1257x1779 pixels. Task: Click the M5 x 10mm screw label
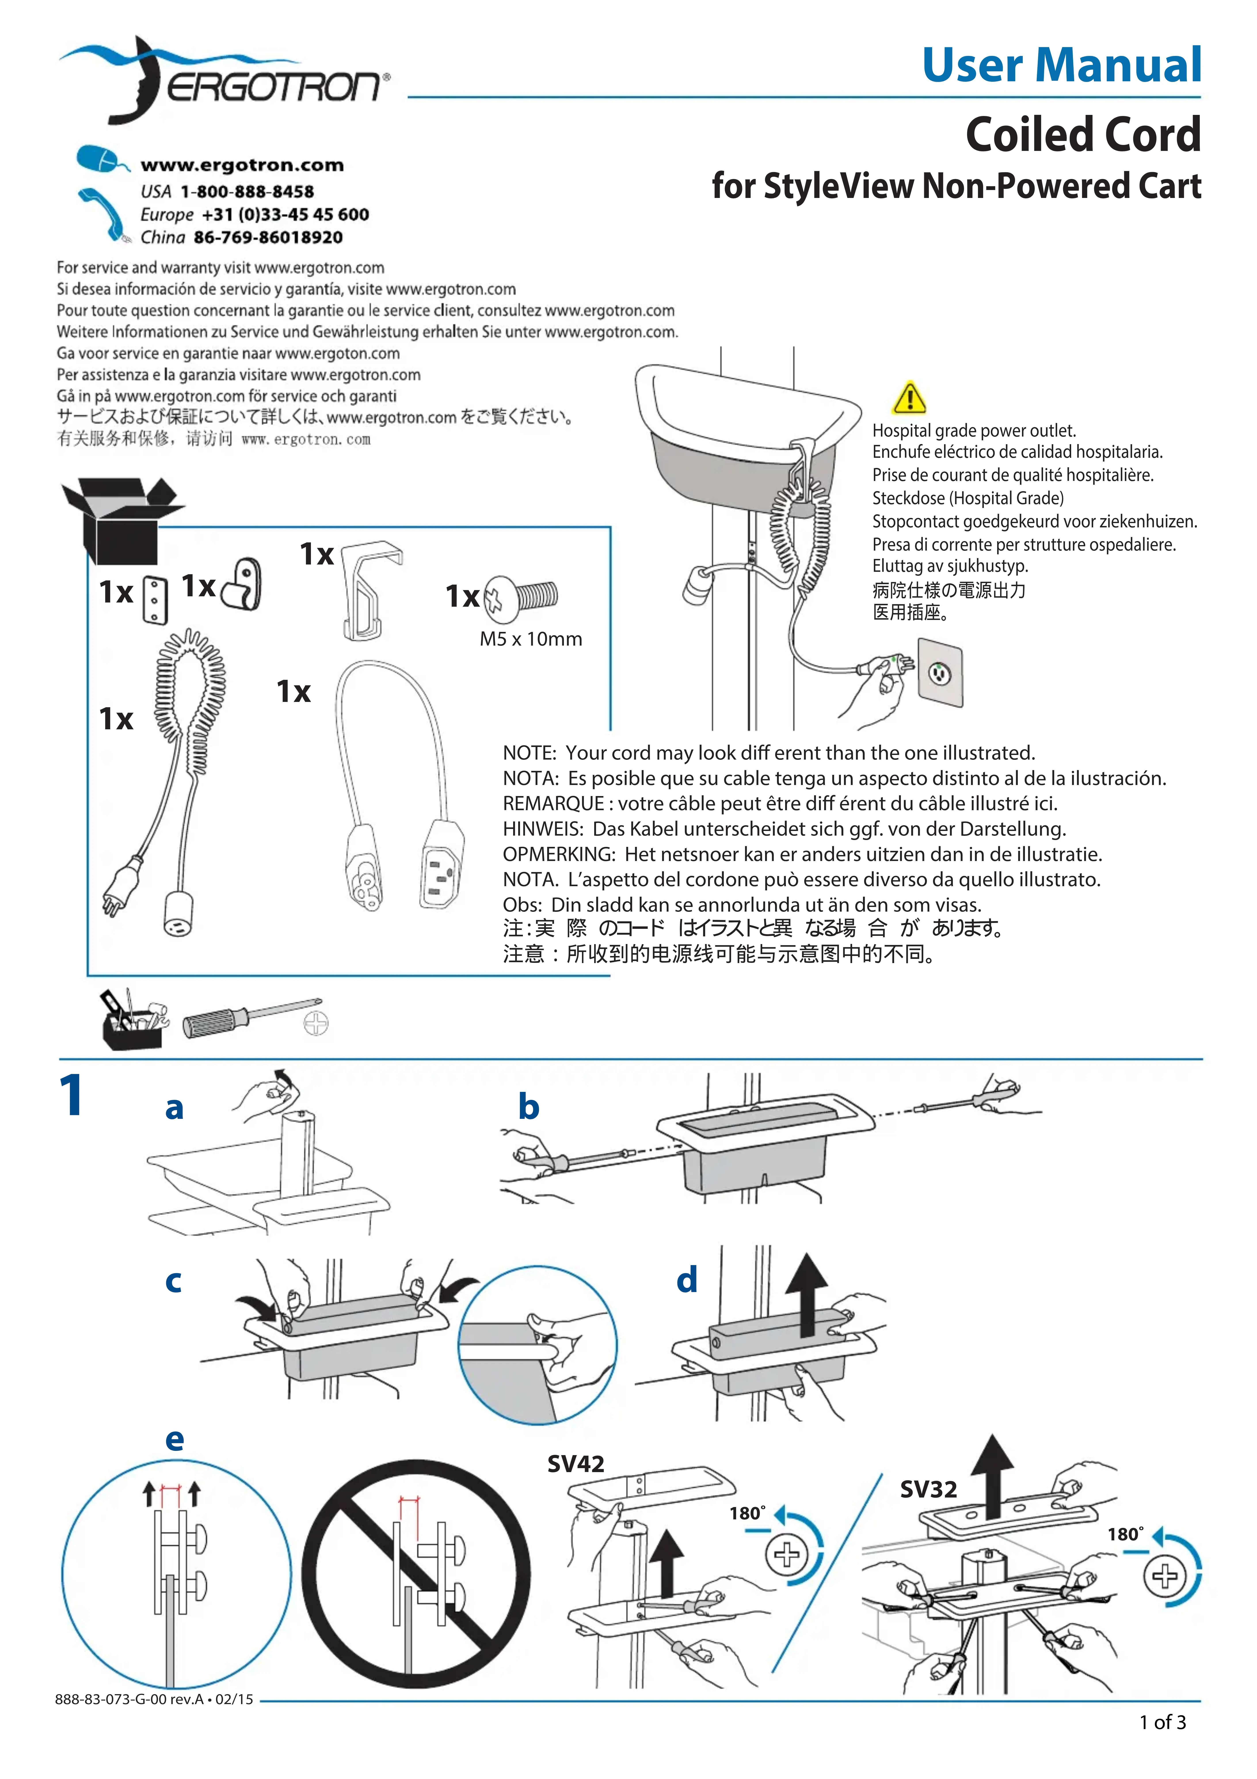pyautogui.click(x=531, y=639)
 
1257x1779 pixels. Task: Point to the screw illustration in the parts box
pyautogui.click(x=521, y=597)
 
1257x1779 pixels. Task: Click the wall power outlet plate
pyautogui.click(x=940, y=673)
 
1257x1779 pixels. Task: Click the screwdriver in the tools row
pyautogui.click(x=248, y=1018)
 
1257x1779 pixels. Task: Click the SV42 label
pyautogui.click(x=576, y=1464)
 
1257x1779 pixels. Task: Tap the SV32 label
pyautogui.click(x=928, y=1489)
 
